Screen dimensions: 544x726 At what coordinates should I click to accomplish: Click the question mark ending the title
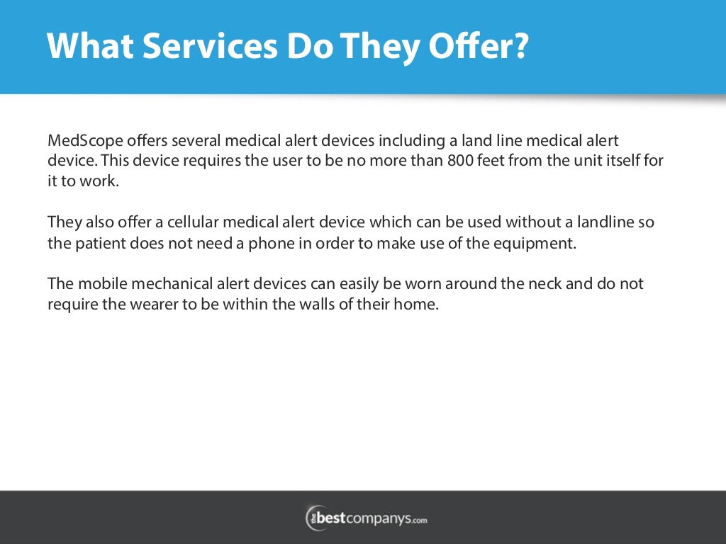[x=520, y=47]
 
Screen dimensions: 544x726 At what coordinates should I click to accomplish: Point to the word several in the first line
[x=189, y=140]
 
